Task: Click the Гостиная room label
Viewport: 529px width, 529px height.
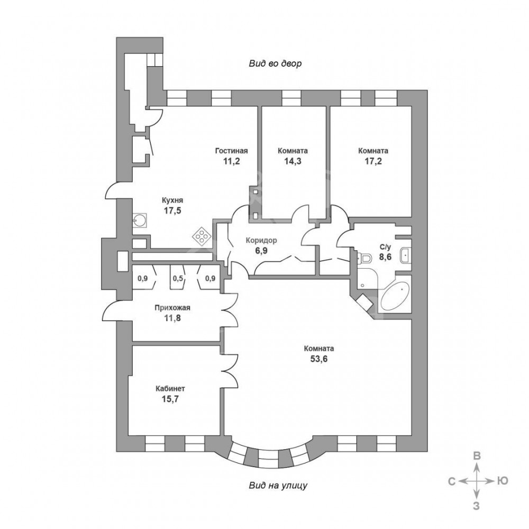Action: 232,151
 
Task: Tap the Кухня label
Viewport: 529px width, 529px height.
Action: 172,200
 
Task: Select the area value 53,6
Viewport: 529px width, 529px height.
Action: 319,359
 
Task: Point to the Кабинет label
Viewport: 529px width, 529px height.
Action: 170,389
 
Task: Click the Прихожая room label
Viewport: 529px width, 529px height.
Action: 172,308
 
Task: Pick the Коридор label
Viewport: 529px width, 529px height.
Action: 261,241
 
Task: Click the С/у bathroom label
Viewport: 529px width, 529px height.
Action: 385,247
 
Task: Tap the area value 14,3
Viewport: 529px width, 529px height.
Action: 293,161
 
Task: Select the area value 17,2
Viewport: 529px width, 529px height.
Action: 373,161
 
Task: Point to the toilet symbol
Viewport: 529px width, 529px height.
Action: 363,258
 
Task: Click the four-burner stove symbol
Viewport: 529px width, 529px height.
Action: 202,236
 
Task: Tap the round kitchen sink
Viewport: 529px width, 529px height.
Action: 139,220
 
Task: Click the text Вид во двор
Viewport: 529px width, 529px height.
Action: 275,63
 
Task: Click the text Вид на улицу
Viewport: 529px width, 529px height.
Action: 278,486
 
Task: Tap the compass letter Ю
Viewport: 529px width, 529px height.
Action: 503,481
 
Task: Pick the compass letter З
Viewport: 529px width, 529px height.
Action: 476,506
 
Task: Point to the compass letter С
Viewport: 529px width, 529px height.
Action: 452,481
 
